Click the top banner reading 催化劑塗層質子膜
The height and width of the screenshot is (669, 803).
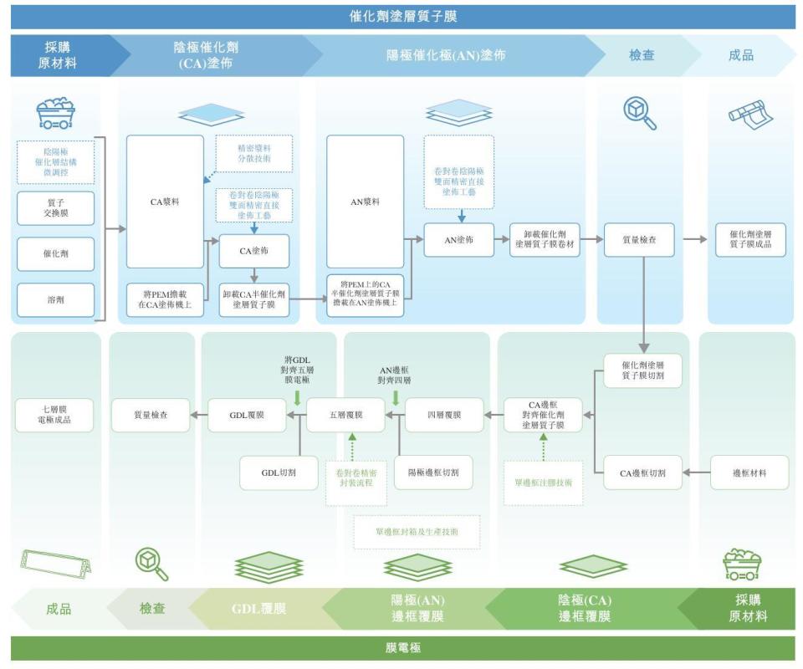[402, 16]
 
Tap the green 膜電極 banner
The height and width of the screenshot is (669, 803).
[402, 648]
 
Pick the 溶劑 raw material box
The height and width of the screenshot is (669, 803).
[56, 299]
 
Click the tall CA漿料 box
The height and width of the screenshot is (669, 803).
[165, 202]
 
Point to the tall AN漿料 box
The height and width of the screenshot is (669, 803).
[365, 202]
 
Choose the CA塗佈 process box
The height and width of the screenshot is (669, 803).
[254, 251]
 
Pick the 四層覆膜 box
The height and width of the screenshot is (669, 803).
[444, 415]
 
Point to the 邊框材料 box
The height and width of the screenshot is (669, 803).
[749, 472]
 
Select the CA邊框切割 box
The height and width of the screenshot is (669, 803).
[642, 472]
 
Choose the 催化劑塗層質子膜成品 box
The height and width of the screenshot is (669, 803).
[750, 240]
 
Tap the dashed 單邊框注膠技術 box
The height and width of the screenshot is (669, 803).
[544, 483]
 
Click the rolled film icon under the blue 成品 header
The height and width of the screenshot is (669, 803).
[749, 111]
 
